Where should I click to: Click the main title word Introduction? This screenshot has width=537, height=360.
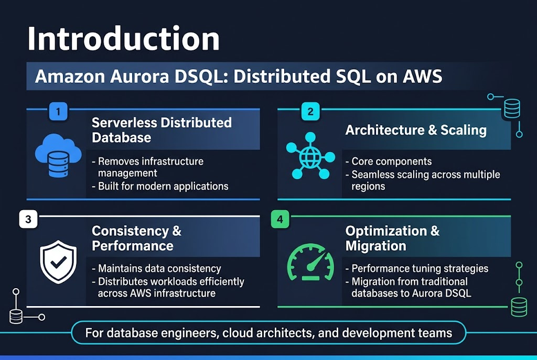click(x=123, y=39)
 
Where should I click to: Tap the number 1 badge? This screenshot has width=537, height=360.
click(x=58, y=111)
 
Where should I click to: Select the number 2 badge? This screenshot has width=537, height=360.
click(x=310, y=111)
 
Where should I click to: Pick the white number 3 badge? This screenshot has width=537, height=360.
click(x=28, y=220)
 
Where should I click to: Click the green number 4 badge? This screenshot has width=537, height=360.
click(x=280, y=220)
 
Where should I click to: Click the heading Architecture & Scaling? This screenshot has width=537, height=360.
click(x=416, y=130)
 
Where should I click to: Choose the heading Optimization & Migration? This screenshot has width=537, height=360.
click(x=392, y=238)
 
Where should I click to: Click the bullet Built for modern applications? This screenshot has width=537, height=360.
click(x=163, y=186)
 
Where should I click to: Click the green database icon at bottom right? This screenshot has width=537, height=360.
click(x=519, y=307)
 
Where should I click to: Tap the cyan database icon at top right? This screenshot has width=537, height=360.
click(x=511, y=109)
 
